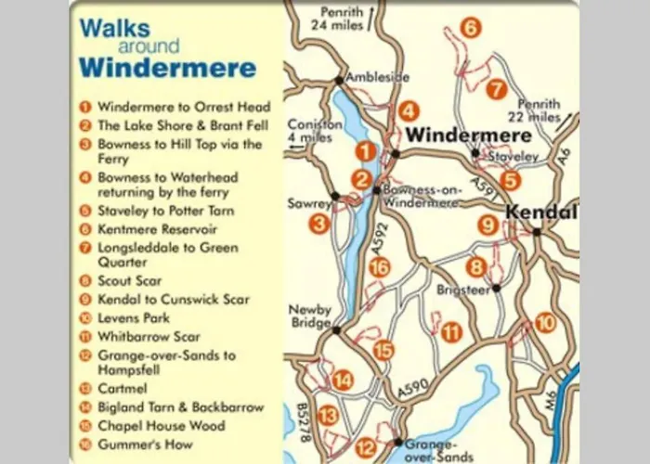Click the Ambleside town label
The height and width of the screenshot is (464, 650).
click(x=377, y=78)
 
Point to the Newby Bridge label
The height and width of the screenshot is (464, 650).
click(x=309, y=316)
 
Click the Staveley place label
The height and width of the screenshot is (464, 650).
click(x=513, y=158)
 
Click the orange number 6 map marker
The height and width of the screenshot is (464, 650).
click(x=471, y=29)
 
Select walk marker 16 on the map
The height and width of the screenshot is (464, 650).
click(x=378, y=268)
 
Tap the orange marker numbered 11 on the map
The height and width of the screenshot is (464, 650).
click(x=451, y=332)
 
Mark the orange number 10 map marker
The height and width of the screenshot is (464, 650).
click(x=545, y=323)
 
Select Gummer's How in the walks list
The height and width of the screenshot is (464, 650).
click(x=149, y=445)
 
